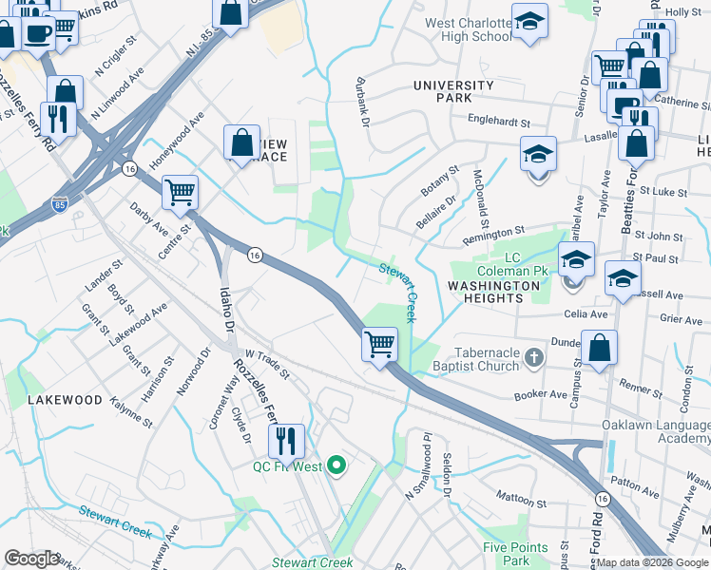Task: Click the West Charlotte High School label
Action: tap(467, 29)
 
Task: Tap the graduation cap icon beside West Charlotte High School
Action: tap(529, 22)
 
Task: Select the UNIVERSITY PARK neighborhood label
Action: tap(453, 91)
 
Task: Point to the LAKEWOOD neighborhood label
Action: tap(65, 400)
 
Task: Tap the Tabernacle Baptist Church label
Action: tap(487, 358)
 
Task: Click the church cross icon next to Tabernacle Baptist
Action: tap(534, 357)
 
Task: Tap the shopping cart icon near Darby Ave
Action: tap(180, 192)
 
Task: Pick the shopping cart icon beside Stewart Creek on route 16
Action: tap(379, 343)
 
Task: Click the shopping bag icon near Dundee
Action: tap(600, 348)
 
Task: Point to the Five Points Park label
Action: tap(515, 553)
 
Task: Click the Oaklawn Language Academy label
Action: tap(656, 430)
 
